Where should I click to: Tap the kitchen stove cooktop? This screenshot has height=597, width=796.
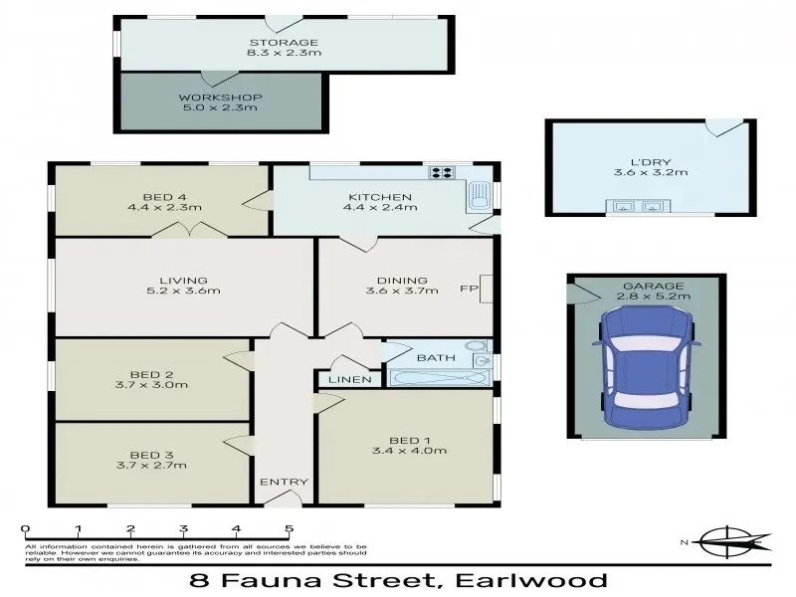[441, 173]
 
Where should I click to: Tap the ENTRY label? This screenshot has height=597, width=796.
[284, 483]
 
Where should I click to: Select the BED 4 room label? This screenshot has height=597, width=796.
[164, 196]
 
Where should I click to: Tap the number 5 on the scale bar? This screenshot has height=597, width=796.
[289, 528]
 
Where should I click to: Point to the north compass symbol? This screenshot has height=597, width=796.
[731, 542]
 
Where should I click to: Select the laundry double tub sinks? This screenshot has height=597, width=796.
[640, 207]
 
